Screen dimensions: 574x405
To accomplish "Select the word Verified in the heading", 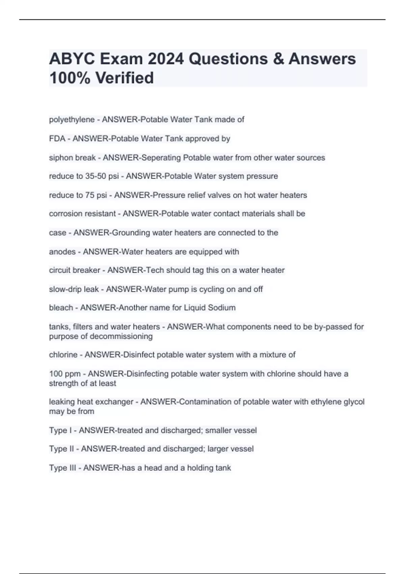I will click(125, 78).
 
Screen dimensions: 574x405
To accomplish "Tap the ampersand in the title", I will click(277, 59).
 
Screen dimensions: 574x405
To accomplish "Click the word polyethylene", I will click(72, 120).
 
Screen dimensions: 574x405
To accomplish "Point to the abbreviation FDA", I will click(57, 139).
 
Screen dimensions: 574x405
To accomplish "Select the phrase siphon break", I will click(73, 158).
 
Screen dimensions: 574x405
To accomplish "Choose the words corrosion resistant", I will click(82, 214).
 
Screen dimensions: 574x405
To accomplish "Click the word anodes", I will click(62, 252).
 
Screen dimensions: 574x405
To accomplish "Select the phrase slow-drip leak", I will click(74, 289).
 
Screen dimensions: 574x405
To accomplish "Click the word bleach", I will click(61, 308).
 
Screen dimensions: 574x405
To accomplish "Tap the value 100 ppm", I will click(65, 374).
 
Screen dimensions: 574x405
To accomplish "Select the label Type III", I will click(62, 468).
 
